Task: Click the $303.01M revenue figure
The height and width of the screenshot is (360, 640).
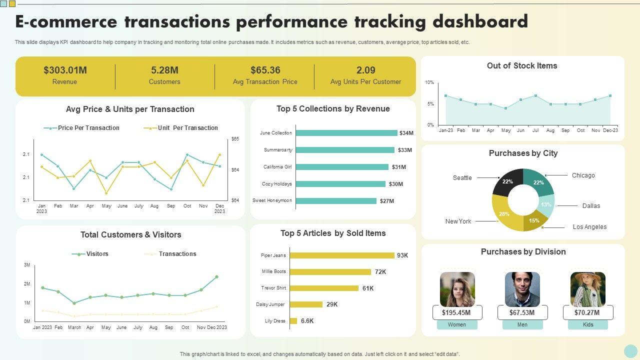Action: [65, 70]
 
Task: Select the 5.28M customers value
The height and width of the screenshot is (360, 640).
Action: [164, 70]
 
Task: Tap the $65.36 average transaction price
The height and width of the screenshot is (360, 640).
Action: [265, 70]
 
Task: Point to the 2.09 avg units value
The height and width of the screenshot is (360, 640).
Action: [365, 70]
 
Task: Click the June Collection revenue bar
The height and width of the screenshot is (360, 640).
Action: [346, 133]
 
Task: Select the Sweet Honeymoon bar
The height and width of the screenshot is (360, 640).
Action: [336, 201]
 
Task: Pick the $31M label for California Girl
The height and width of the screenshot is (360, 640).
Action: [398, 167]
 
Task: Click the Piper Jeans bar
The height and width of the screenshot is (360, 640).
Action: [342, 255]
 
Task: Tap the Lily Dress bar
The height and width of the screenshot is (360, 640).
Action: [293, 321]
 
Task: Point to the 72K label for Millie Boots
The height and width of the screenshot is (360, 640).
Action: [380, 272]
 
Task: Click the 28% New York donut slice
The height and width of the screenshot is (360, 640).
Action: [504, 214]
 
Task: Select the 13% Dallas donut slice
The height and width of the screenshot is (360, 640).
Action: [546, 205]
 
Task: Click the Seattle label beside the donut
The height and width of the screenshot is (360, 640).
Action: [462, 178]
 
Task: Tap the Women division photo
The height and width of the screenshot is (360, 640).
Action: [457, 289]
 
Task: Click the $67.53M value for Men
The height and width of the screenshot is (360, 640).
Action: [522, 313]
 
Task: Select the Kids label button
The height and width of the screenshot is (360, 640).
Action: [588, 325]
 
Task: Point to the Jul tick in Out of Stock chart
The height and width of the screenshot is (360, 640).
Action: [535, 130]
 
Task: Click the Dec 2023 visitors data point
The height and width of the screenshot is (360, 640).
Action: [216, 276]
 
